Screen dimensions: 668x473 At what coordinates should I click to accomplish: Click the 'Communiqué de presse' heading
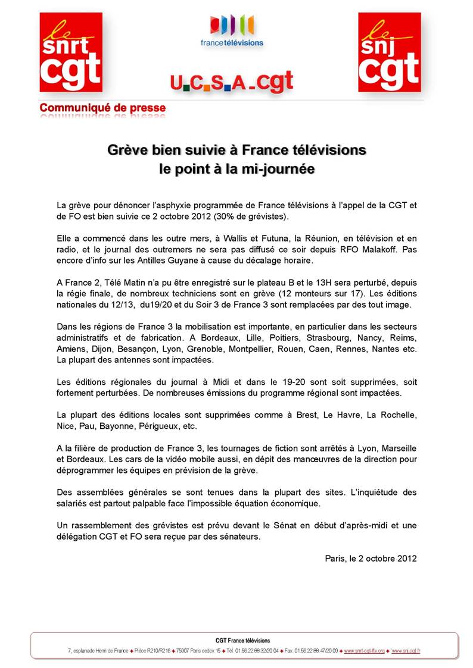click(x=102, y=108)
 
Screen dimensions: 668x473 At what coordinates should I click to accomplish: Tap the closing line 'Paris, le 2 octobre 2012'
click(x=371, y=559)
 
